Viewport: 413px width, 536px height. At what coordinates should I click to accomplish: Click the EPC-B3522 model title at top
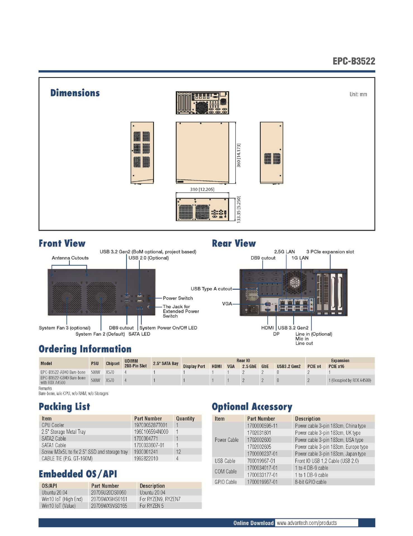(x=353, y=61)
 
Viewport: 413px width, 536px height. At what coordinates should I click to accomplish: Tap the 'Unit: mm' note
(x=358, y=94)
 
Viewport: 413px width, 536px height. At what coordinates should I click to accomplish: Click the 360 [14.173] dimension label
(x=238, y=155)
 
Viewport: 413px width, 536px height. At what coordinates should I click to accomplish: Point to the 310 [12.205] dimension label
(x=202, y=189)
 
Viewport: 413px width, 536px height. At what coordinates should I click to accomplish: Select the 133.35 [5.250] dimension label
(x=238, y=209)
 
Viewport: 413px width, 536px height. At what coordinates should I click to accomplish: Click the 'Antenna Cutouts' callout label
(x=70, y=258)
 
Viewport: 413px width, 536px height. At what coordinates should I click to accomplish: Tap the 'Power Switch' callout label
(x=178, y=298)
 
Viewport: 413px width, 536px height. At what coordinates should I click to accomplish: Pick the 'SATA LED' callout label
(x=139, y=334)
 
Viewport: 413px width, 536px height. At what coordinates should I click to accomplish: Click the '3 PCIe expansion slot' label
(x=330, y=252)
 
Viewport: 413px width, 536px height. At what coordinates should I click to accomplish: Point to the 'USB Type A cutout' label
(x=211, y=289)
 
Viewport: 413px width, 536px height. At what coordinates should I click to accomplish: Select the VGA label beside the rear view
(x=227, y=304)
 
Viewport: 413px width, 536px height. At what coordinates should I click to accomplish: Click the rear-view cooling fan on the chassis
(x=295, y=282)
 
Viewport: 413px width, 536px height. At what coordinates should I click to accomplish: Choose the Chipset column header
(x=113, y=363)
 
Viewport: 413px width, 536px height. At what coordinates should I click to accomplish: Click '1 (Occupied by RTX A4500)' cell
(x=350, y=380)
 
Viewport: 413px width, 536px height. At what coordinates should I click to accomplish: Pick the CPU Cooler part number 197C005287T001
(x=151, y=425)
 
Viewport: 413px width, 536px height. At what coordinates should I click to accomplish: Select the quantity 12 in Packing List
(x=178, y=452)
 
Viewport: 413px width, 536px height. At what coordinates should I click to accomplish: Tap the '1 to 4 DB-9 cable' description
(x=311, y=468)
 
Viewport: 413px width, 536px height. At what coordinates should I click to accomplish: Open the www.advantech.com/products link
(x=307, y=523)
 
